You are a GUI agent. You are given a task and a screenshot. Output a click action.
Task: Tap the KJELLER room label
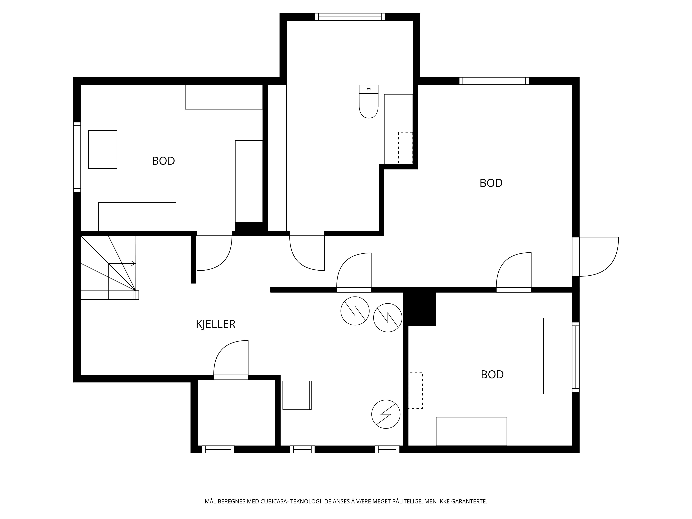pyautogui.click(x=216, y=324)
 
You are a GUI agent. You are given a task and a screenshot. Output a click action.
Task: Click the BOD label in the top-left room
pyautogui.click(x=163, y=161)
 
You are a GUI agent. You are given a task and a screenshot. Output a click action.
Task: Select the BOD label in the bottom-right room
pyautogui.click(x=492, y=375)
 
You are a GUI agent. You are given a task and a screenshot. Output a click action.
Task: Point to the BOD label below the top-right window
pyautogui.click(x=491, y=183)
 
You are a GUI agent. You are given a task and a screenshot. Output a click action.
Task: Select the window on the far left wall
pyautogui.click(x=77, y=157)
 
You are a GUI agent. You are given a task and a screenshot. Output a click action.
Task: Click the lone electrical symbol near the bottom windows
pyautogui.click(x=386, y=414)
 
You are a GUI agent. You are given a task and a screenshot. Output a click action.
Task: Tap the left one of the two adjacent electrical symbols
pyautogui.click(x=355, y=311)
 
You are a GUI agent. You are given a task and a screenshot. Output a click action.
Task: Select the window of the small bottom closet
pyautogui.click(x=218, y=449)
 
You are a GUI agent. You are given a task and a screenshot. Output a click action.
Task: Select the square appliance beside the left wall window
pyautogui.click(x=103, y=149)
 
